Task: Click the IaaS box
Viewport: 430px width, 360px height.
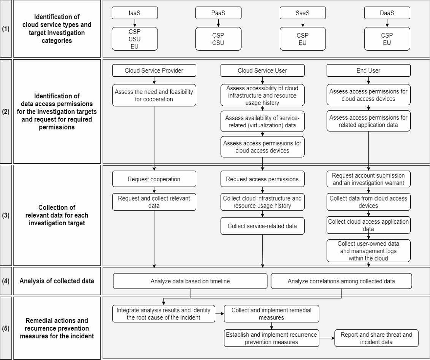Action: coord(135,13)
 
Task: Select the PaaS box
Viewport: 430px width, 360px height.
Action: coord(218,13)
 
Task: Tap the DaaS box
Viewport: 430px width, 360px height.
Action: coord(387,13)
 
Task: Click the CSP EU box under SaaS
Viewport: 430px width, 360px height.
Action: coord(303,39)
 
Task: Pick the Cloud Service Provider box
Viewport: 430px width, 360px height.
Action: coord(154,70)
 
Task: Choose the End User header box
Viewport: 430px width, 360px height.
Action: coord(368,70)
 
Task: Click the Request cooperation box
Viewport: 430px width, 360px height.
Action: coord(154,179)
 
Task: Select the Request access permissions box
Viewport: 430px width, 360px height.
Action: coord(262,179)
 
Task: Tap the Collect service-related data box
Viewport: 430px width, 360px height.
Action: coord(262,226)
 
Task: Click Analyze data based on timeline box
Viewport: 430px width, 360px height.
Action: coord(190,281)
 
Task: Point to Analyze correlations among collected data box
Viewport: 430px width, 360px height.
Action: coord(341,281)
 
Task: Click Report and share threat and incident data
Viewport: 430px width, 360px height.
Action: coord(377,338)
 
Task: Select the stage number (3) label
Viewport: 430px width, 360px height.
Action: coord(6,215)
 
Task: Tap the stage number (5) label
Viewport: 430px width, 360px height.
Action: coord(6,328)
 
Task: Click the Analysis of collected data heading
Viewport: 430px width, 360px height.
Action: coord(57,281)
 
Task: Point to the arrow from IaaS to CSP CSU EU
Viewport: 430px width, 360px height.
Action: coord(135,23)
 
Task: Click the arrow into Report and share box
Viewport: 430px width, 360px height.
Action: coord(327,338)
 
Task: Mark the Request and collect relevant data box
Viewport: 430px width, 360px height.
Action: coord(154,202)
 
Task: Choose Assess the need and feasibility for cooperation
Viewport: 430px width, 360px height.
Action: coord(154,95)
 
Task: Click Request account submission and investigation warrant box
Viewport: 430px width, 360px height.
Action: coord(368,179)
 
